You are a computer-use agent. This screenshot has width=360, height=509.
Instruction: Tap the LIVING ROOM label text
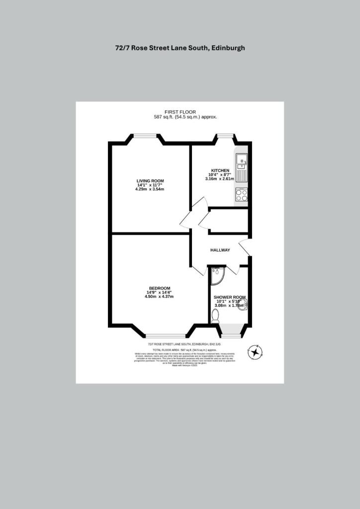click(x=150, y=180)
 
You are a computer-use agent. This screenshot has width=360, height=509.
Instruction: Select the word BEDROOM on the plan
click(x=160, y=288)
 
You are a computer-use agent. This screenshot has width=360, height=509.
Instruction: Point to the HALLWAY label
click(x=220, y=250)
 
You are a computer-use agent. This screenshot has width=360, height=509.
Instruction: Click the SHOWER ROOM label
click(x=229, y=297)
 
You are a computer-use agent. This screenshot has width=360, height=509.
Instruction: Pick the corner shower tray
click(x=217, y=275)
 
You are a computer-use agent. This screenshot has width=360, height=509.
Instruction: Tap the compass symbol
click(x=255, y=352)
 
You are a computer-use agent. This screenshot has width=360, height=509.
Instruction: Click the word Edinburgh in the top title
click(x=228, y=48)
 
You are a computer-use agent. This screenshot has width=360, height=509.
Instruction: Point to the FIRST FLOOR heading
click(x=180, y=112)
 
